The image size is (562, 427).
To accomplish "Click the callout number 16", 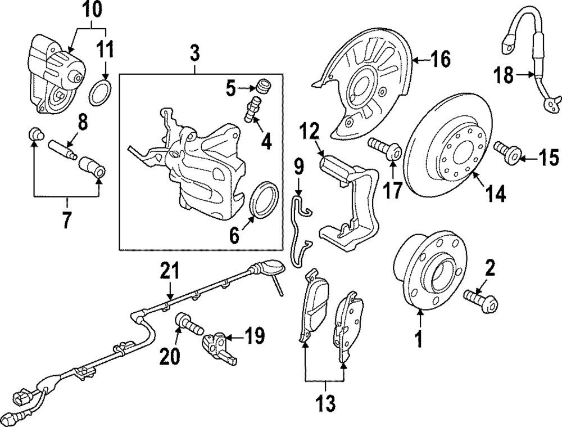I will point(441,59).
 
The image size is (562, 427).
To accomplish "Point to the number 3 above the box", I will point(194,55).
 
